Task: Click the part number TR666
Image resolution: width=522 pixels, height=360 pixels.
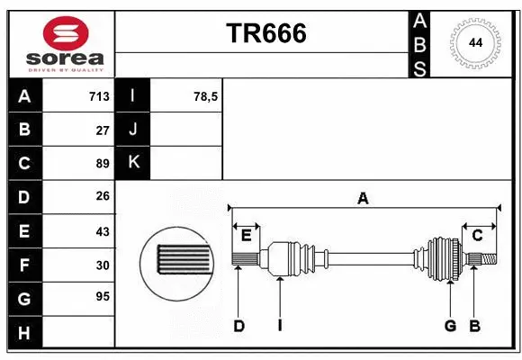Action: (x=265, y=33)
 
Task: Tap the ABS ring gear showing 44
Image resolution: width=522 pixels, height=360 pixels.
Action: (x=474, y=42)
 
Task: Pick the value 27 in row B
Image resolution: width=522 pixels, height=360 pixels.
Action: (x=103, y=130)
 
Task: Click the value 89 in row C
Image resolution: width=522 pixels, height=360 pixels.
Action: (x=103, y=164)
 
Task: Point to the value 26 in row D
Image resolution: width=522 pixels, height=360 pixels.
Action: (x=103, y=196)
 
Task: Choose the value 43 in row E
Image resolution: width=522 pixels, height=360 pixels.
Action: (x=103, y=231)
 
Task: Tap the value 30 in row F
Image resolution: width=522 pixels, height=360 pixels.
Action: (x=103, y=265)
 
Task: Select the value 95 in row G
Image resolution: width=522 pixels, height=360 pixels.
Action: (x=103, y=296)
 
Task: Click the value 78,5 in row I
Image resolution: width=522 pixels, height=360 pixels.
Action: (x=206, y=96)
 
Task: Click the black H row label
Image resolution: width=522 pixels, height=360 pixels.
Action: (x=24, y=333)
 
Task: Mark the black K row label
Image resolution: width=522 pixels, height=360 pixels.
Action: (x=133, y=163)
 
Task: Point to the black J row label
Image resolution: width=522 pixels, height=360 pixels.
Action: (x=133, y=130)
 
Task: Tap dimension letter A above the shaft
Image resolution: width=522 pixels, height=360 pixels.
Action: (x=363, y=199)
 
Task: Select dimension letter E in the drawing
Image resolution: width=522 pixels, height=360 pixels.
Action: (x=246, y=235)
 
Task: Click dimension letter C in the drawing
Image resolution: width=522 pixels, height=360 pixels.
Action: (x=478, y=235)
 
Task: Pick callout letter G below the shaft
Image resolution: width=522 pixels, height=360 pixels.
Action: (x=450, y=326)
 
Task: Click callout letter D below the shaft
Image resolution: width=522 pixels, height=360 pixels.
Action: (x=238, y=326)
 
